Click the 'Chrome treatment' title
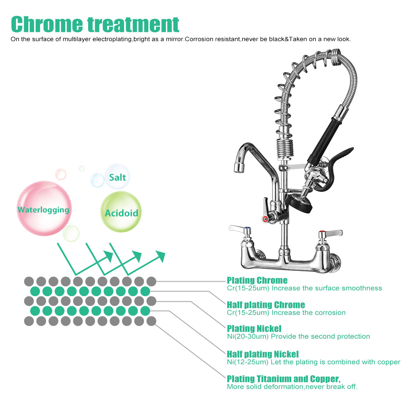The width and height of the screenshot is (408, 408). tap(95, 24)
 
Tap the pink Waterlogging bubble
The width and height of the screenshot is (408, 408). tap(44, 209)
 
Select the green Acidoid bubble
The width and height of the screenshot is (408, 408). tap(121, 213)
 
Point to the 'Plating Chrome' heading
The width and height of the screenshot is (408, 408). tap(257, 280)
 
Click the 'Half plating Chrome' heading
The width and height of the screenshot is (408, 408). tap(266, 305)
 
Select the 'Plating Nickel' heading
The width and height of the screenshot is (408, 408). tap(254, 328)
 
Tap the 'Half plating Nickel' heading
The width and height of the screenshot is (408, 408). tap(263, 354)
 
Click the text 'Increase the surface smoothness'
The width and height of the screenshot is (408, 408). tap(327, 288)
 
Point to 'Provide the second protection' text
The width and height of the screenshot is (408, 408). tap(320, 337)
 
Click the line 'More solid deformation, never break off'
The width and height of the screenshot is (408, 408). tap(292, 386)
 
